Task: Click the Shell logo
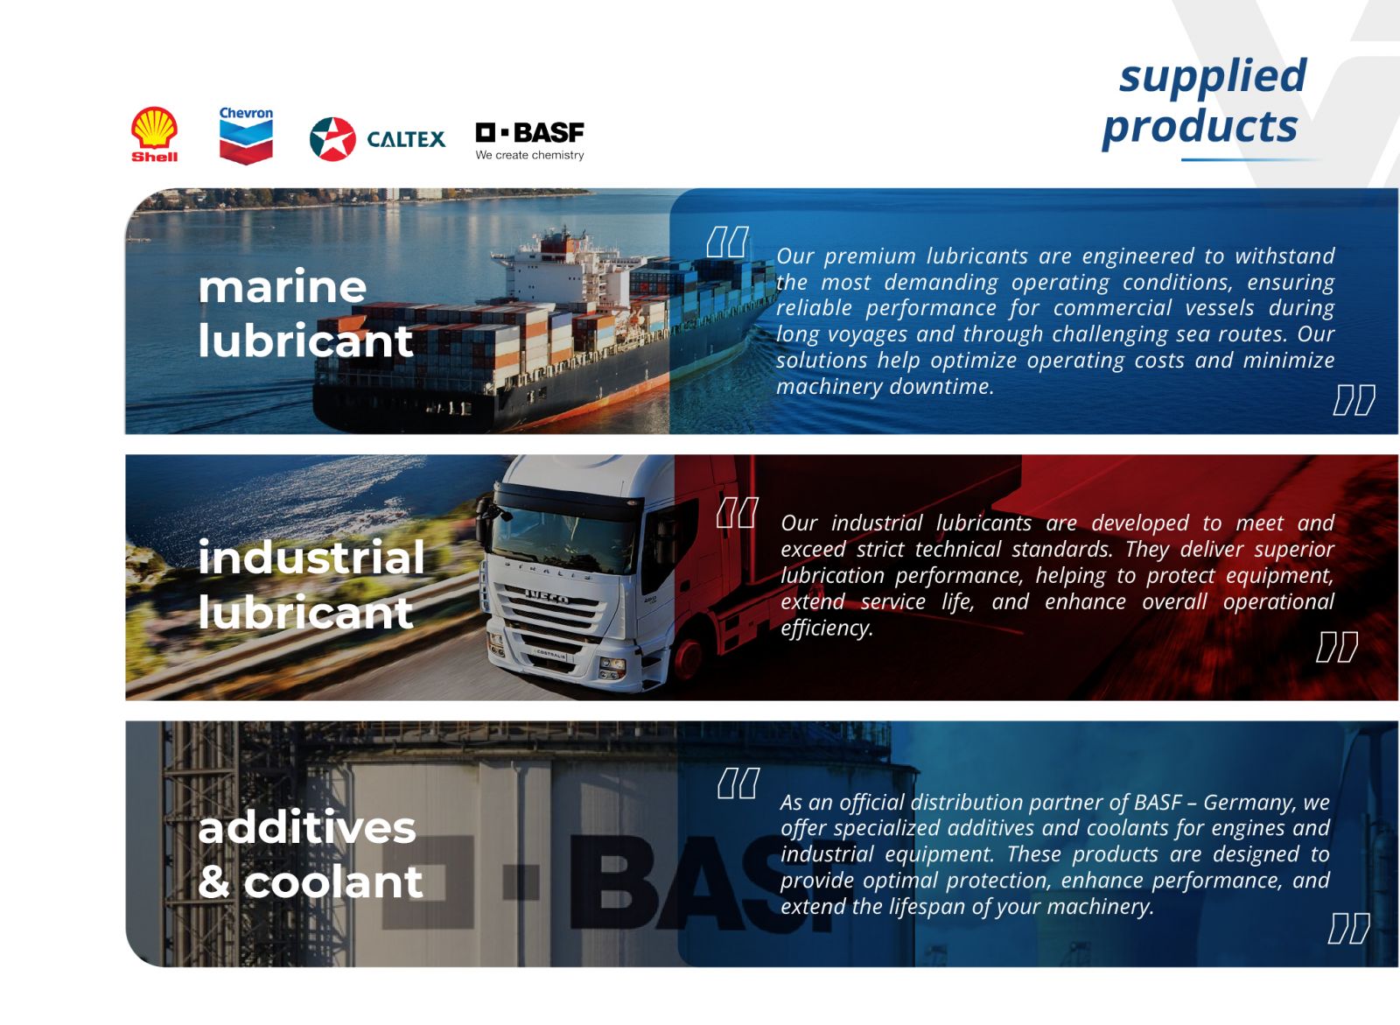154,135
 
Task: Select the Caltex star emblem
332,139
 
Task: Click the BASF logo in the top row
529,141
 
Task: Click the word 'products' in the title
1200,128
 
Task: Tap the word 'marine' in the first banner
282,286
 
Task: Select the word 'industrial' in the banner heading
311,557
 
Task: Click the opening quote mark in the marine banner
727,242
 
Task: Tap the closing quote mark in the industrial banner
1337,647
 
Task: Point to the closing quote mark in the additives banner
1348,928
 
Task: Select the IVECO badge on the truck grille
547,597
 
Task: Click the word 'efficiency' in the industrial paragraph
827,628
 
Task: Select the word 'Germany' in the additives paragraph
1246,803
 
